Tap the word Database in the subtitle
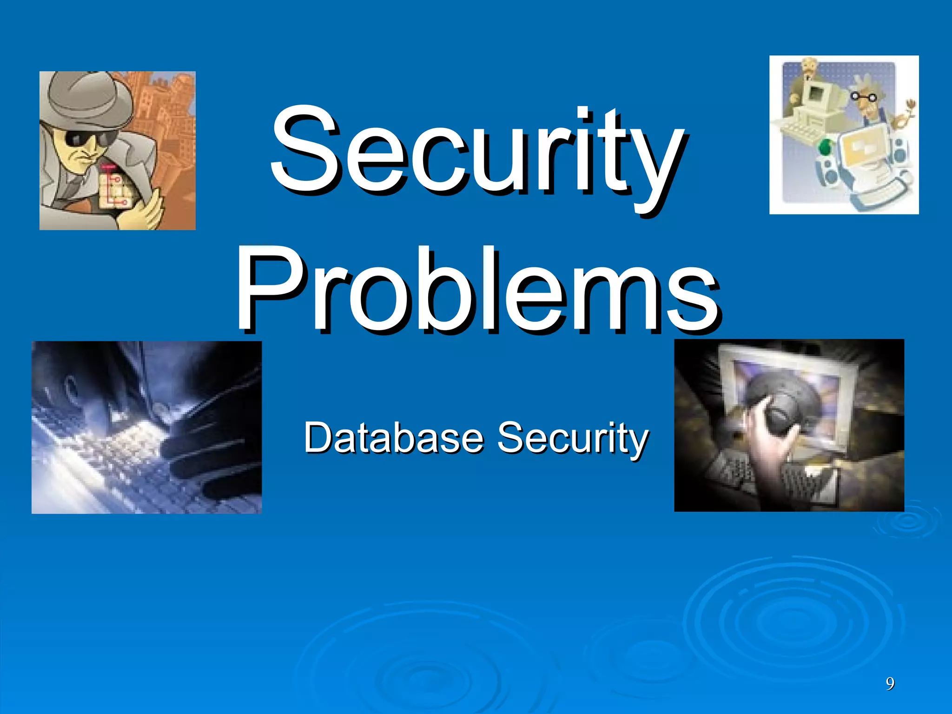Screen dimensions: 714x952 click(394, 438)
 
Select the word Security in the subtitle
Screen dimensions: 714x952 click(573, 438)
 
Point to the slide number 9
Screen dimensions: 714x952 click(890, 683)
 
